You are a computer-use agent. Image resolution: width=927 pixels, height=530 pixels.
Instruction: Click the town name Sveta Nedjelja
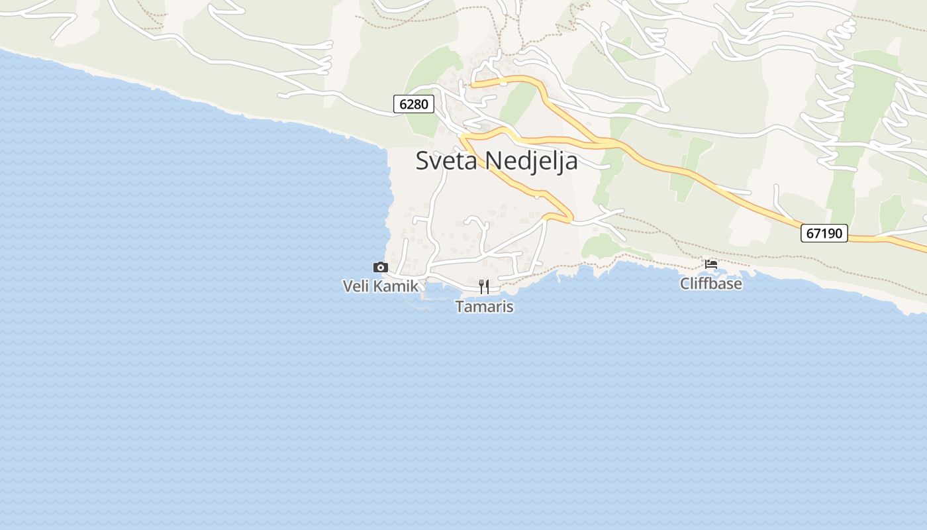pos(497,161)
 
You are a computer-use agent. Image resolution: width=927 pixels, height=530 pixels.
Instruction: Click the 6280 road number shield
pos(414,104)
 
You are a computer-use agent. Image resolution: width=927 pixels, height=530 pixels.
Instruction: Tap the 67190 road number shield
pos(824,233)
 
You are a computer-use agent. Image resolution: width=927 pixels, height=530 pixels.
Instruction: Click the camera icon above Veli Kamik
pos(381,267)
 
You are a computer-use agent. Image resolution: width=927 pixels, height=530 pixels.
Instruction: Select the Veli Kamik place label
pos(381,286)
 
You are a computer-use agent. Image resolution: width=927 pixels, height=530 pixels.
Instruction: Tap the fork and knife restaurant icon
pos(484,286)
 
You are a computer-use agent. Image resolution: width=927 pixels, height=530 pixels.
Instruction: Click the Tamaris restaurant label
pos(484,307)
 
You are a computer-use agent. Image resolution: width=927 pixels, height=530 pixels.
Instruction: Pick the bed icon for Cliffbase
pos(711,264)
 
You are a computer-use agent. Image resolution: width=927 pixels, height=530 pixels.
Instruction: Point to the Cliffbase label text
pos(711,284)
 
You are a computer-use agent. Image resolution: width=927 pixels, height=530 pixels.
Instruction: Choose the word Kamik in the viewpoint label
pos(395,286)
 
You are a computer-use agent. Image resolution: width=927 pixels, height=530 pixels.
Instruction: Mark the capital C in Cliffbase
pos(685,284)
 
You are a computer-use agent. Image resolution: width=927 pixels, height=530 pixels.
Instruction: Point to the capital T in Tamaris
pos(460,307)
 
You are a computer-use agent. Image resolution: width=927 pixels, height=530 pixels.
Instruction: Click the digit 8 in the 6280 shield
pos(419,104)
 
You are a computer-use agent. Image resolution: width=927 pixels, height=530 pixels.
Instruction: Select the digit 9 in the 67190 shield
pos(832,233)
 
